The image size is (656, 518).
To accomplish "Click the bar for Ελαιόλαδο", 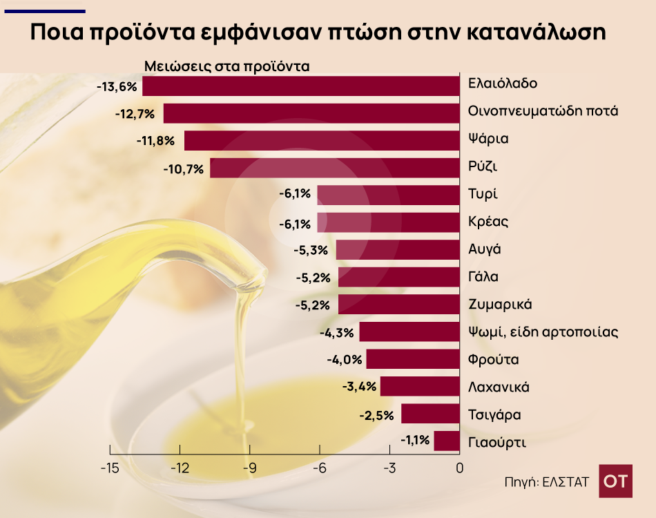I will [301, 86].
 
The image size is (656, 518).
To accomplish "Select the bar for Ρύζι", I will [335, 168].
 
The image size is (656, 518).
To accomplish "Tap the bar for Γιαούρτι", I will [447, 441].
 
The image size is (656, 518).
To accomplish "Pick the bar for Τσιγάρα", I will [430, 414].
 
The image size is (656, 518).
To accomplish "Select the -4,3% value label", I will [337, 333].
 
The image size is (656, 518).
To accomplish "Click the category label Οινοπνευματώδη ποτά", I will [543, 111].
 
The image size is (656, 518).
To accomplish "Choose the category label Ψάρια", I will [488, 139].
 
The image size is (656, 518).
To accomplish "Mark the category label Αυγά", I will [484, 249].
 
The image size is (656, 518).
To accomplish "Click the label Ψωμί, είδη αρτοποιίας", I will [543, 332].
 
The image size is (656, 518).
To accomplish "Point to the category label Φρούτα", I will [493, 360].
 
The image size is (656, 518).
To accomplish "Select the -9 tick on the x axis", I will [249, 468].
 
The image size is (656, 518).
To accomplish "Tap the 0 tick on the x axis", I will [459, 468].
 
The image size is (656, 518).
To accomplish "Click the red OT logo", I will [615, 481].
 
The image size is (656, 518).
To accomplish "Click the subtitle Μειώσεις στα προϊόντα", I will [227, 67].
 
